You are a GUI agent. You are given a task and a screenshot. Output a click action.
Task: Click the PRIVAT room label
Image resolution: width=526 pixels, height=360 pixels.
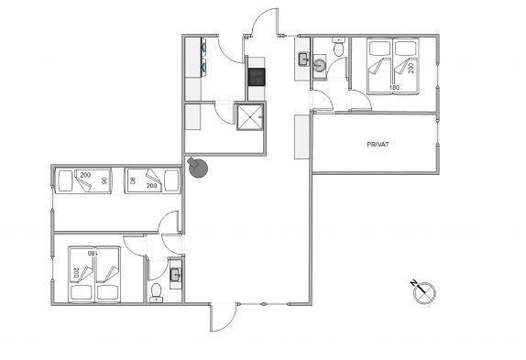[x=378, y=145]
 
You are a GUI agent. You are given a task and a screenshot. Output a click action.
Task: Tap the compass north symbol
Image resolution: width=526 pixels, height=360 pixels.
[x=423, y=291]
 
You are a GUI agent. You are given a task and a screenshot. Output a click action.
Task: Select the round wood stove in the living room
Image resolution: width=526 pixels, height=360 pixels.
[x=198, y=168]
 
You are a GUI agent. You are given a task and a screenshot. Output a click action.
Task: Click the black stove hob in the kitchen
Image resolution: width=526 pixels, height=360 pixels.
[x=257, y=77]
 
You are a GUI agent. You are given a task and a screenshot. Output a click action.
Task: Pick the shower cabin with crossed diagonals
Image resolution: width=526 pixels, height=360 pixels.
[x=250, y=117]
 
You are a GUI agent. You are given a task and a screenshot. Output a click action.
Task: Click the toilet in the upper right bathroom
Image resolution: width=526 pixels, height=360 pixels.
[x=338, y=47]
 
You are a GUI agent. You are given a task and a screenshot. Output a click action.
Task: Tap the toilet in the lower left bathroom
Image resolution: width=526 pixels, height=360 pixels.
[x=156, y=292]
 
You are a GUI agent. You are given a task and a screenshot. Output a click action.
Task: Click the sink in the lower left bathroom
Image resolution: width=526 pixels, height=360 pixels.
[x=175, y=275]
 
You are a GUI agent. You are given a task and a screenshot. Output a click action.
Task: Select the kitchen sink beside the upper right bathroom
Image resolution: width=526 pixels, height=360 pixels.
[x=303, y=60]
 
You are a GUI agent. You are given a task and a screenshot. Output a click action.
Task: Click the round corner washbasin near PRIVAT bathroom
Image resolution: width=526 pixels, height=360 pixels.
[x=319, y=65]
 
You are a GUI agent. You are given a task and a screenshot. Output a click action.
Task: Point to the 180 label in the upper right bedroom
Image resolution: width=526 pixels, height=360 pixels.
[x=394, y=88]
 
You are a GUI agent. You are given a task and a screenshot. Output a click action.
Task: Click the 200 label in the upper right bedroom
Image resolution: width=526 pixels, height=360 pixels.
[x=411, y=68]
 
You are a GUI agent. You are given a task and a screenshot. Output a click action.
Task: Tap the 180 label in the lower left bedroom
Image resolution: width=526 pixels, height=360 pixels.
[x=93, y=253]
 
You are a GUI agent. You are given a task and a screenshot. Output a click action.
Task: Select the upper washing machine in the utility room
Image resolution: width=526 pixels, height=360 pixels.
[x=203, y=48]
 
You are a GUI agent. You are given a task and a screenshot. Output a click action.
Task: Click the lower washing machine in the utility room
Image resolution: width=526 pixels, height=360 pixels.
[x=203, y=66]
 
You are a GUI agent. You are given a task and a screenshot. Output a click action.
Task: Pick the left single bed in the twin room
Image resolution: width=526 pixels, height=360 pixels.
[x=83, y=180]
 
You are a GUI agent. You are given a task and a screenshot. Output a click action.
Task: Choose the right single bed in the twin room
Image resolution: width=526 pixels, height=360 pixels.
[x=152, y=180]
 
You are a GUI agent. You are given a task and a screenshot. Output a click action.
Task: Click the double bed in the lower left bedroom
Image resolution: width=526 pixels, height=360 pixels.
[x=94, y=275]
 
